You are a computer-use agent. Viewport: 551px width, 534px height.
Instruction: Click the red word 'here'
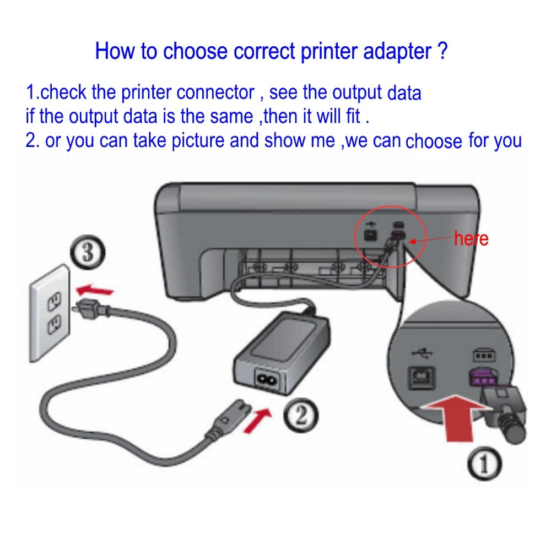coord(471,239)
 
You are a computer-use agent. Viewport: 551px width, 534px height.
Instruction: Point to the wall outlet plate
coord(52,312)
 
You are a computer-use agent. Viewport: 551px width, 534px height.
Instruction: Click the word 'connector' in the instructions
coord(215,92)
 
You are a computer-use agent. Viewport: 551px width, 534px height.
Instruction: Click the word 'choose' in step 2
coord(434,141)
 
